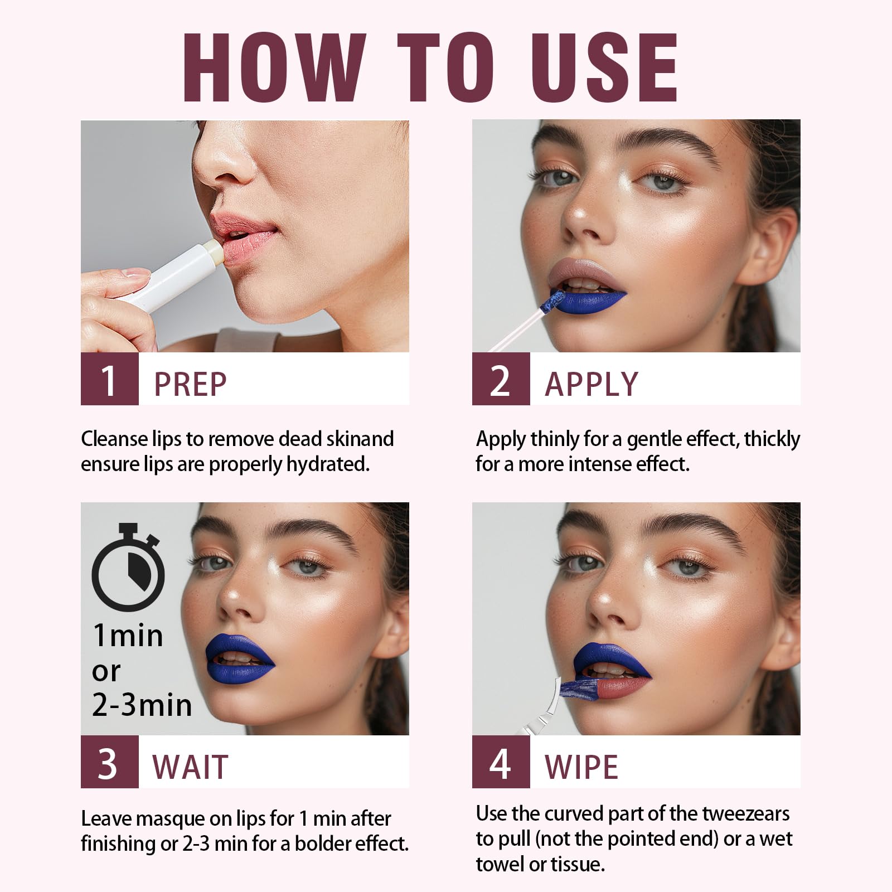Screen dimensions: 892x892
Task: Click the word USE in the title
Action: coord(604,68)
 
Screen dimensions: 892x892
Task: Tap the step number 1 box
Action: coord(109,379)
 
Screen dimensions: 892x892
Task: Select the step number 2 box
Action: coord(501,379)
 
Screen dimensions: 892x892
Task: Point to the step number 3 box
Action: coord(109,762)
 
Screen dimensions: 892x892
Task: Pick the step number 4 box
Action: coord(501,762)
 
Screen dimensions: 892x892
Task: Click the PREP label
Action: coord(190,384)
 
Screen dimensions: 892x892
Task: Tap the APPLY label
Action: coord(592,384)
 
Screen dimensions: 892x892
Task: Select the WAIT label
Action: coord(190,767)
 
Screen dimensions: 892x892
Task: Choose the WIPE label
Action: coord(581,767)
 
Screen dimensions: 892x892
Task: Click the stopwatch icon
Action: coord(128,569)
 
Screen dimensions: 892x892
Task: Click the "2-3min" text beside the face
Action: coord(142,705)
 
